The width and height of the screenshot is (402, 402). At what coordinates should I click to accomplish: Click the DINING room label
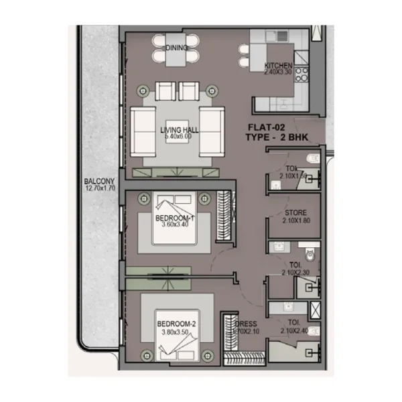pyautogui.click(x=177, y=48)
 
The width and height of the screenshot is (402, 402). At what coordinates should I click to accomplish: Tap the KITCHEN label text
pyautogui.click(x=279, y=65)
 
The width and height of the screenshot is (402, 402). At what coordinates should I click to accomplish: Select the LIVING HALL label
pyautogui.click(x=176, y=129)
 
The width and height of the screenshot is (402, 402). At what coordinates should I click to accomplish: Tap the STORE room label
pyautogui.click(x=295, y=213)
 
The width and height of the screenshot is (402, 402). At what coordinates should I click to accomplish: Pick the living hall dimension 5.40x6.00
pyautogui.click(x=176, y=136)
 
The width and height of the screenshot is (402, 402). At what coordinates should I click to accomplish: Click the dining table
pyautogui.click(x=177, y=48)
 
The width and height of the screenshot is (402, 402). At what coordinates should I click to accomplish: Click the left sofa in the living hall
pyautogui.click(x=143, y=131)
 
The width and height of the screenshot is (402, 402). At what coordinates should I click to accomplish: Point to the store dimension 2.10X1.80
pyautogui.click(x=295, y=220)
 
